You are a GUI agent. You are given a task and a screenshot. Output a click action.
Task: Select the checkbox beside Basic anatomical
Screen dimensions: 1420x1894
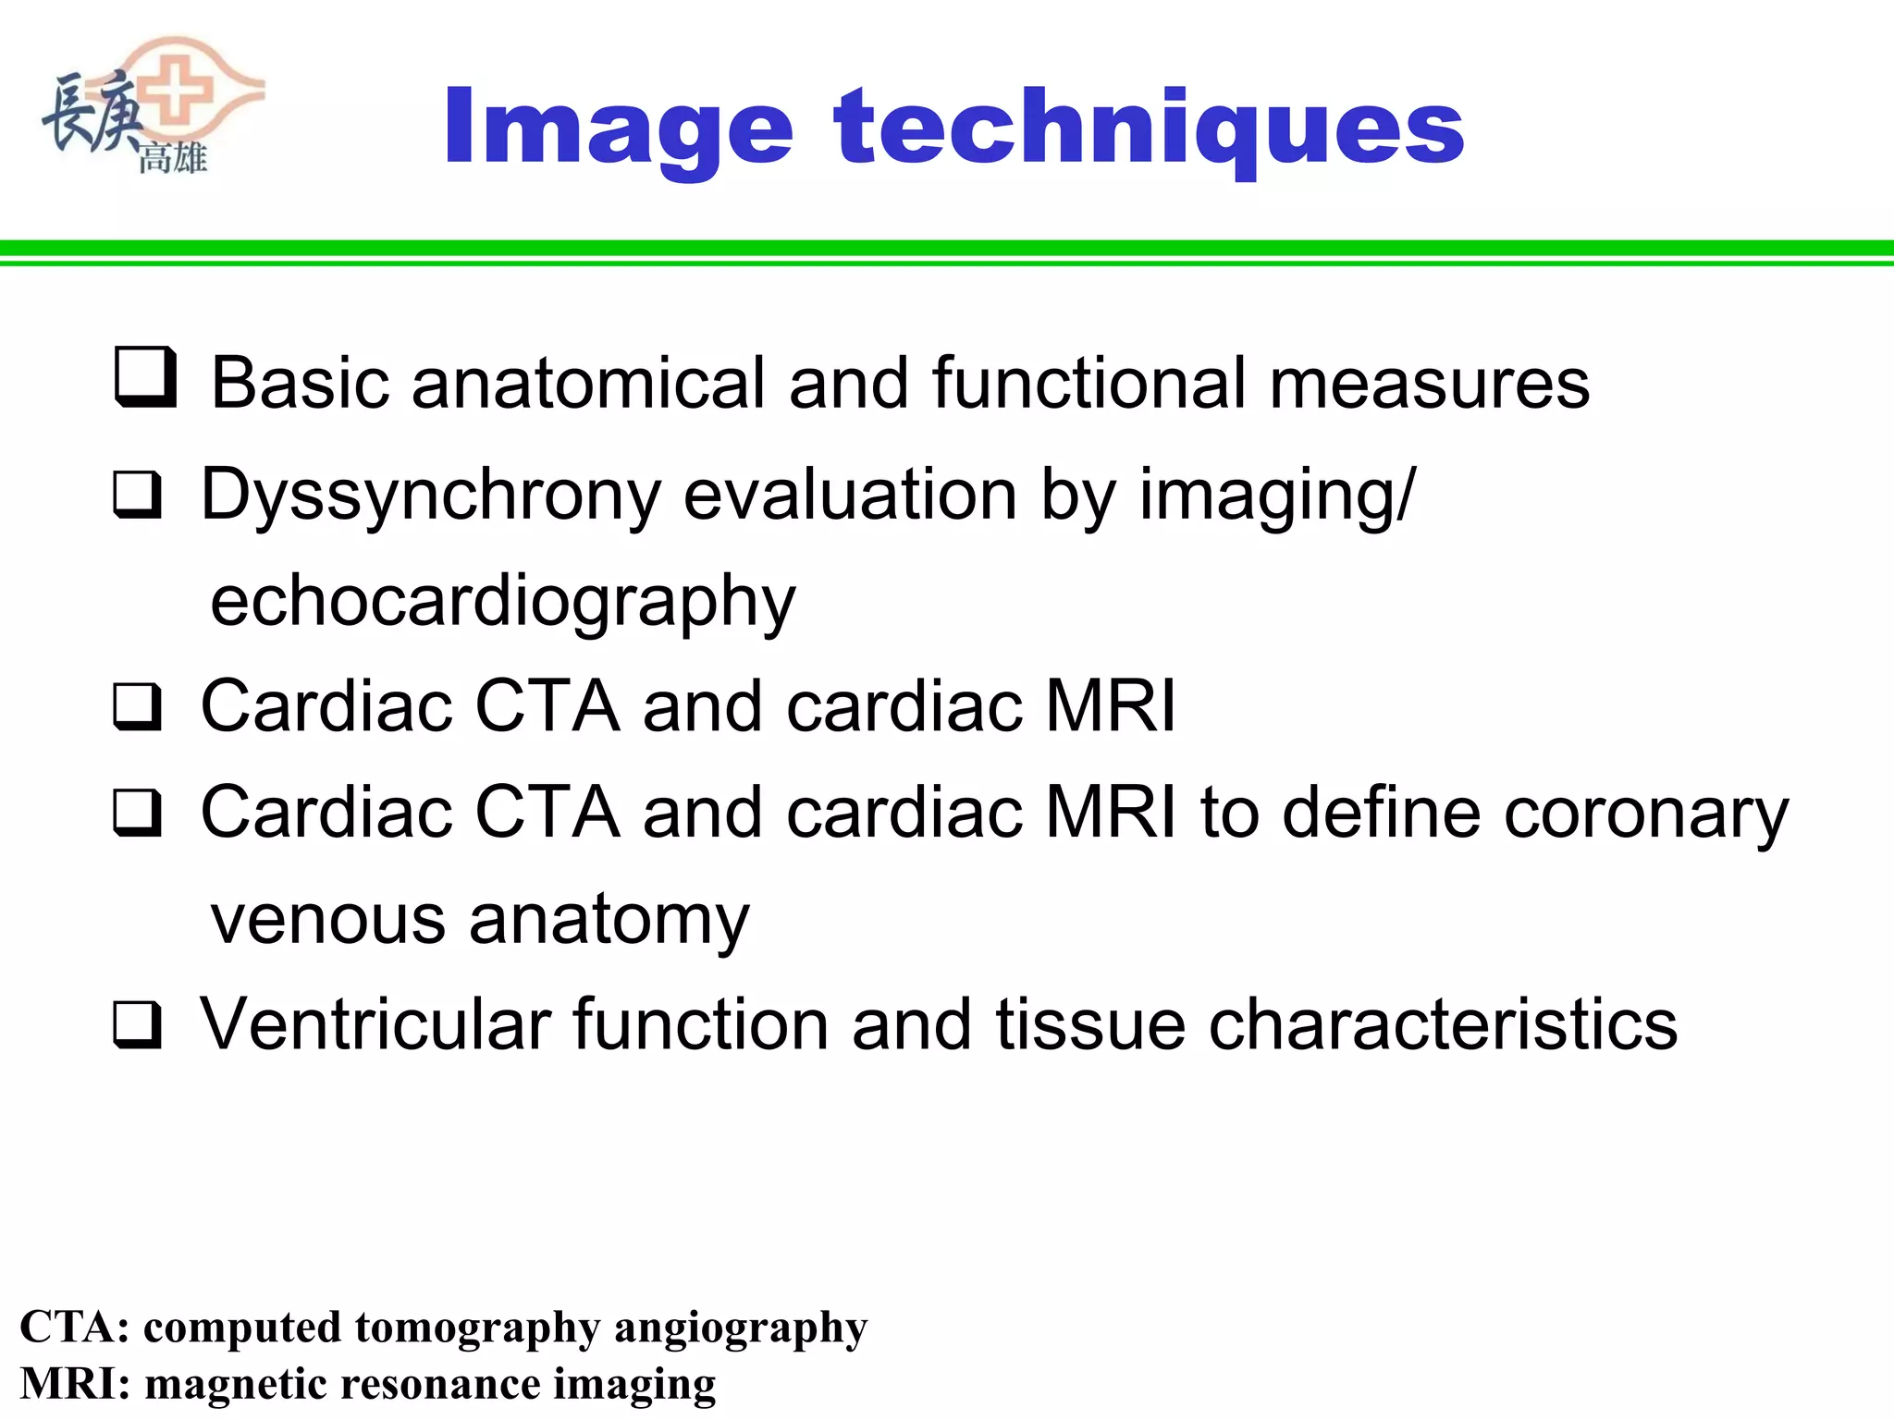[145, 377]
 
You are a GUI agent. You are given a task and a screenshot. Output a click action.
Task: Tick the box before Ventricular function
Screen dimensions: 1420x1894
[138, 1025]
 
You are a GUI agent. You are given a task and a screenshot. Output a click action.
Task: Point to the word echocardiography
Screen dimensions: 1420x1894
[503, 602]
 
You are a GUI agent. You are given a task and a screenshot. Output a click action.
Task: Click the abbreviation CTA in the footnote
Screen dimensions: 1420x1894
[75, 1328]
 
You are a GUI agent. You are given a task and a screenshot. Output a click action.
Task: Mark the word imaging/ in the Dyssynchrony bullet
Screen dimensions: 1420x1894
[1276, 496]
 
